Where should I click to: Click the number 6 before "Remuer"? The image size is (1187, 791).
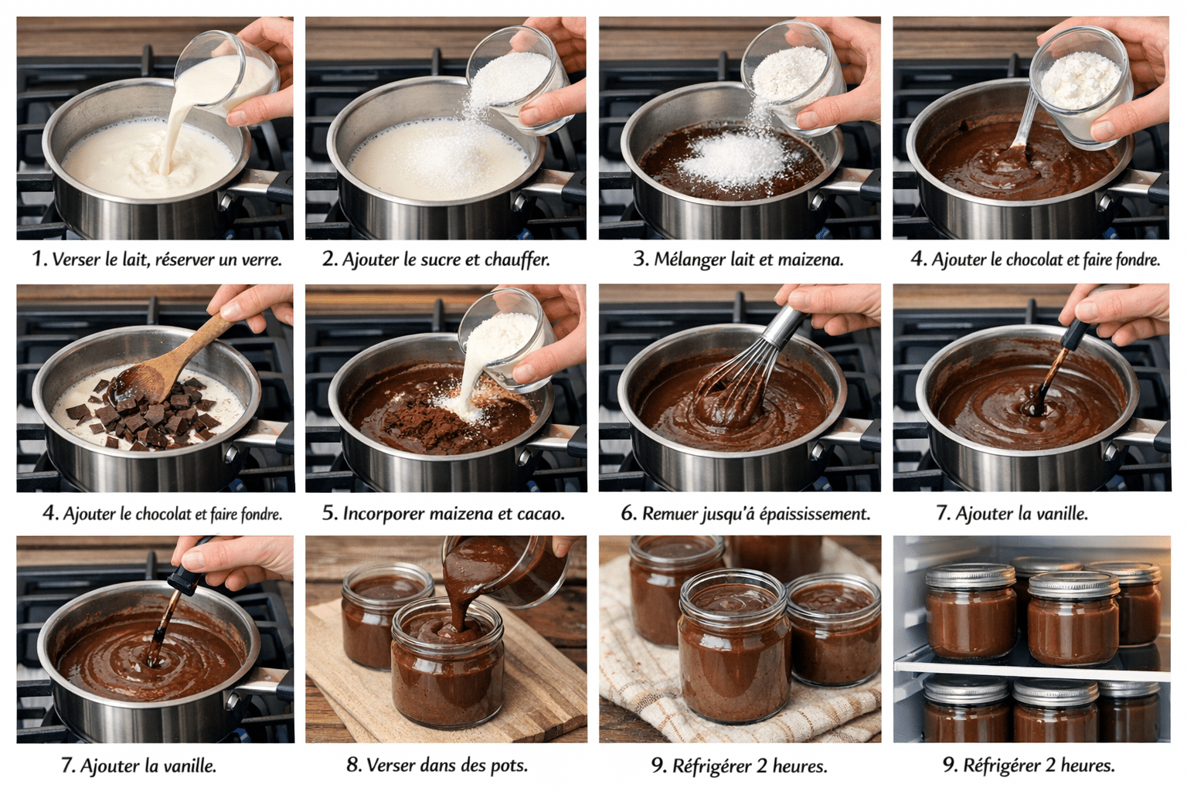pyautogui.click(x=628, y=514)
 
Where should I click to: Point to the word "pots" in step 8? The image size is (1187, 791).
pyautogui.click(x=508, y=766)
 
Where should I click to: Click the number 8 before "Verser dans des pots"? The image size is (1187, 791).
pyautogui.click(x=353, y=766)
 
